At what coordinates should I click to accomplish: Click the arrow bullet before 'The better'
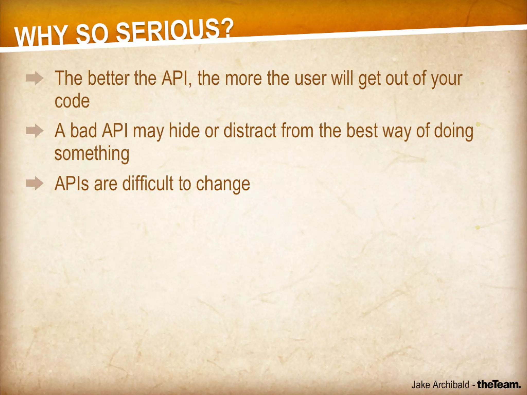coord(34,78)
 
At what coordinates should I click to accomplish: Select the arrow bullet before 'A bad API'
coord(34,131)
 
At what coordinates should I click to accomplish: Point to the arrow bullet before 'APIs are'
coord(34,184)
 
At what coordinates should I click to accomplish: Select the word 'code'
coord(72,101)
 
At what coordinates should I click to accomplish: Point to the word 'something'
coord(92,154)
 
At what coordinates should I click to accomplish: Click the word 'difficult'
coord(148,183)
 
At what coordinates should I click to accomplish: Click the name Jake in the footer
coord(421,385)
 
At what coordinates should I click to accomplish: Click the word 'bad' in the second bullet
coord(83,131)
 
